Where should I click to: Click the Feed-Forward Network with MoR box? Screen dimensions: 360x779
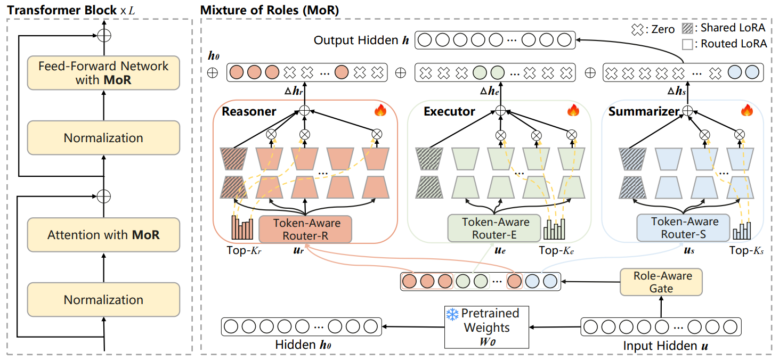(x=103, y=73)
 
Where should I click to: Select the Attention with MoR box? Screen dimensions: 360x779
(x=103, y=235)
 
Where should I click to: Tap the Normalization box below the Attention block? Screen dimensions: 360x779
(x=103, y=300)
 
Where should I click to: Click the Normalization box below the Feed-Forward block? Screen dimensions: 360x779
(x=103, y=138)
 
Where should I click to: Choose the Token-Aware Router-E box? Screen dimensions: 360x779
(x=496, y=228)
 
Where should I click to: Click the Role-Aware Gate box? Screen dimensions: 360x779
(x=661, y=282)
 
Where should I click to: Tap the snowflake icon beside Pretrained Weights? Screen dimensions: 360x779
(x=452, y=314)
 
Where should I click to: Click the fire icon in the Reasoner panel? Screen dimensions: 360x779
(x=380, y=110)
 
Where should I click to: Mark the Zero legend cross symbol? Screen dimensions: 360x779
(x=638, y=30)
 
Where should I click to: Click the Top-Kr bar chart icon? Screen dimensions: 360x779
(x=242, y=228)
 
